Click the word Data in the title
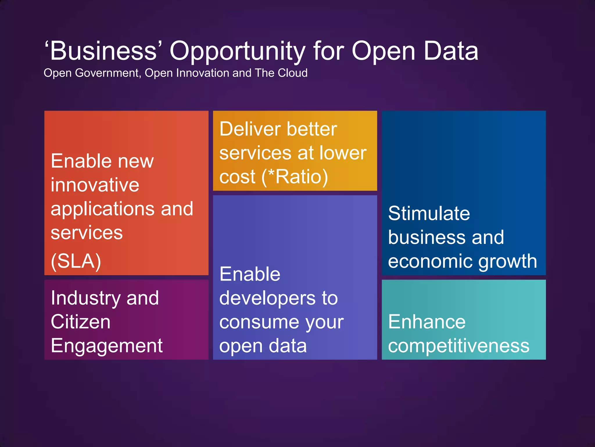pyautogui.click(x=451, y=51)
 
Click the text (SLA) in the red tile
pyautogui.click(x=76, y=261)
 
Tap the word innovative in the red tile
pyautogui.click(x=95, y=185)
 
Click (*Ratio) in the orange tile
pyautogui.click(x=295, y=177)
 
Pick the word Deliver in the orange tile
pyautogui.click(x=250, y=129)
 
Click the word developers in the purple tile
pyautogui.click(x=267, y=299)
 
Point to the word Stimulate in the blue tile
pyautogui.click(x=429, y=214)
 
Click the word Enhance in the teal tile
pyautogui.click(x=427, y=322)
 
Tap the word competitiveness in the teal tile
pyautogui.click(x=458, y=346)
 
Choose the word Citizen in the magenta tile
pyautogui.click(x=80, y=322)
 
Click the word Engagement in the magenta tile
pyautogui.click(x=107, y=346)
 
